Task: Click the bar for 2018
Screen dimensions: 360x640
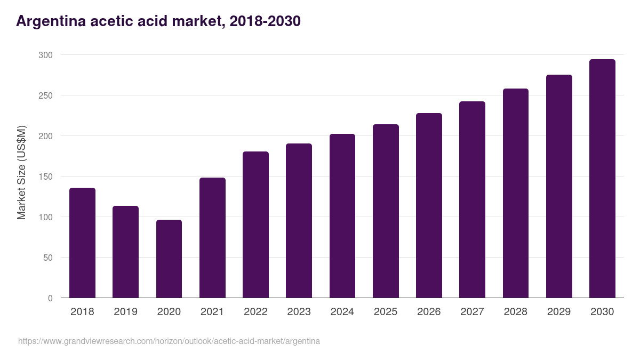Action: (82, 243)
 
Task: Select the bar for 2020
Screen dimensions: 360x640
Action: (169, 259)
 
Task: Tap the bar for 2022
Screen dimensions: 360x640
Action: (255, 225)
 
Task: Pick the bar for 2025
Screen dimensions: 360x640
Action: (386, 211)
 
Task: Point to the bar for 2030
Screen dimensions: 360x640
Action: (602, 179)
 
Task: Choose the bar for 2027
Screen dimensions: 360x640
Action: (472, 199)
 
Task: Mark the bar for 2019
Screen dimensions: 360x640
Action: (125, 252)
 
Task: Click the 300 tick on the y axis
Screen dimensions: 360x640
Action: (45, 55)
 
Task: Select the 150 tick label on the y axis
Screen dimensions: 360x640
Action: (45, 177)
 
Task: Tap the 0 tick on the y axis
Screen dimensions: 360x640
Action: (50, 298)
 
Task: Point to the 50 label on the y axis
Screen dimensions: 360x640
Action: (47, 258)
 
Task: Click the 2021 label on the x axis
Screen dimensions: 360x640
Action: (212, 311)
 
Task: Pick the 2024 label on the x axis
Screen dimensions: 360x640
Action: (342, 311)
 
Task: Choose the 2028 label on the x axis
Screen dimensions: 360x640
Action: (515, 311)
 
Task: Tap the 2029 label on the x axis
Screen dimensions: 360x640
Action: (559, 311)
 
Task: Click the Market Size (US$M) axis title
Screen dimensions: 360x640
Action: (21, 172)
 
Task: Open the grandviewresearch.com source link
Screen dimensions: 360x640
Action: (169, 341)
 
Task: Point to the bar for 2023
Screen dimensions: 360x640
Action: (299, 221)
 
